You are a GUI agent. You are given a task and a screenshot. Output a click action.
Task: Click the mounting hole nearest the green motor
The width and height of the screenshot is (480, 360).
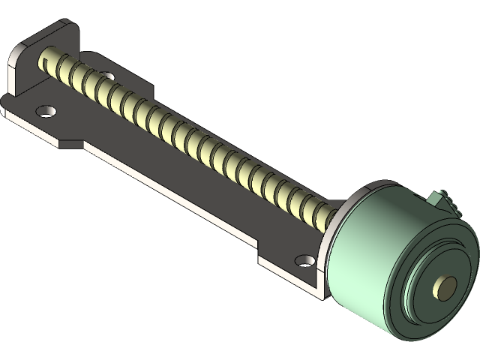coord(304,261)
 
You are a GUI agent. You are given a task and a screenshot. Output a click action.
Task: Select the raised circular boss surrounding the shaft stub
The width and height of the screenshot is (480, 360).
coord(439,289)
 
